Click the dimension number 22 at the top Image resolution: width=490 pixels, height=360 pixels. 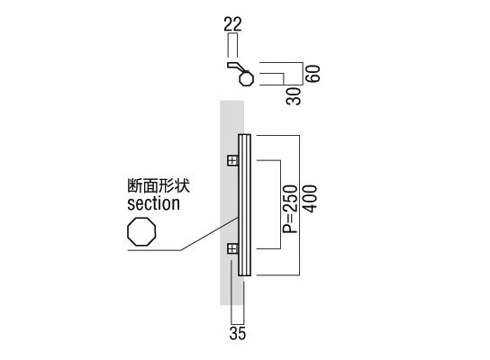point(232,24)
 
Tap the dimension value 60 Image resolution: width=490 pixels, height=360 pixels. point(313,74)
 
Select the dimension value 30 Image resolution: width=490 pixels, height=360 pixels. point(294,96)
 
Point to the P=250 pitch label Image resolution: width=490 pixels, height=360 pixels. point(289,209)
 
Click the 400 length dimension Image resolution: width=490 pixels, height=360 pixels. point(311,199)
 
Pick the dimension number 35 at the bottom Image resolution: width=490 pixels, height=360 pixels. point(238,333)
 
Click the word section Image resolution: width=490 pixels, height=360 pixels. point(153,203)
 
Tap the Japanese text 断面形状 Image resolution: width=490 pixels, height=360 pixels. point(159,185)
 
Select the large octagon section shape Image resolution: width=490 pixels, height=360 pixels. point(141,231)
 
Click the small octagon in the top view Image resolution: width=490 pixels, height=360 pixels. point(246,78)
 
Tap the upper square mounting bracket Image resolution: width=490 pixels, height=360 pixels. point(232,161)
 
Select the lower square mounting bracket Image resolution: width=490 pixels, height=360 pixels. point(232,248)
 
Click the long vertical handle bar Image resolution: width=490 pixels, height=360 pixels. point(245,205)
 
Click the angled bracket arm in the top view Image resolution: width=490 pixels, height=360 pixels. point(235,67)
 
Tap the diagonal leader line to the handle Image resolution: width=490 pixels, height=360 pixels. point(210,233)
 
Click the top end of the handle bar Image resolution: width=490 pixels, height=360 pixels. point(245,135)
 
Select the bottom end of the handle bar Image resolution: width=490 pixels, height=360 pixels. point(245,275)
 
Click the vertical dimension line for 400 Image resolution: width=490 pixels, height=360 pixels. point(299,205)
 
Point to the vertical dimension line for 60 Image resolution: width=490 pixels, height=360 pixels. point(304,74)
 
